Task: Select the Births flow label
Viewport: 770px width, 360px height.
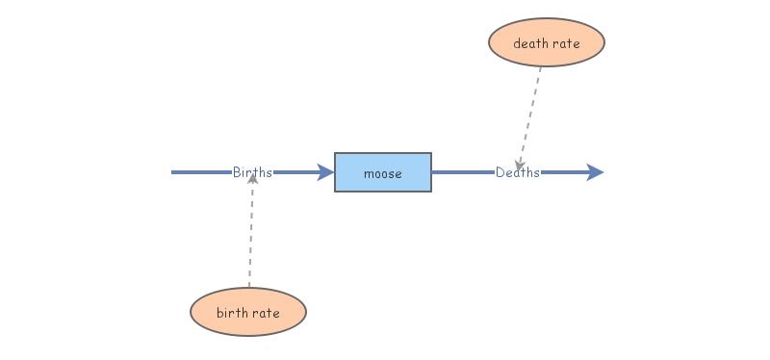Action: coord(252,172)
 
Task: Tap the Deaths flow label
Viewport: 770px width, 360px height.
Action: coord(518,172)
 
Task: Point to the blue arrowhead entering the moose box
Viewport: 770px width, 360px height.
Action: coord(325,172)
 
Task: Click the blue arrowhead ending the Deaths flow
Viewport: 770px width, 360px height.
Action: coord(595,172)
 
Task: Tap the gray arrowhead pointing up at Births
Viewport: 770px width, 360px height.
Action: coord(252,180)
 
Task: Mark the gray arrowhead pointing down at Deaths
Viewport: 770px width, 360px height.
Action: coord(520,165)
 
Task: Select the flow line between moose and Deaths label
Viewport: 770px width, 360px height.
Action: coord(462,172)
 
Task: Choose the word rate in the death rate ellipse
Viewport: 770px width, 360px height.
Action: coord(566,43)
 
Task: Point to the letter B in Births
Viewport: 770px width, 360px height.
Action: coord(237,172)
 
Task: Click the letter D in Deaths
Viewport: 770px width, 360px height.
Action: coord(500,172)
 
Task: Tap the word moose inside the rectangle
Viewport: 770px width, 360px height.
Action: coord(382,173)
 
